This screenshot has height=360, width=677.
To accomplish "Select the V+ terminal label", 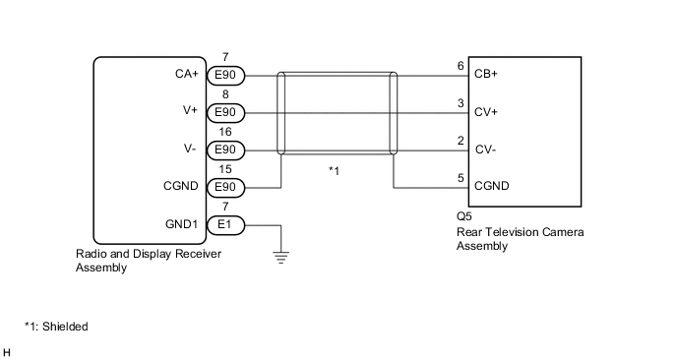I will pos(193,111).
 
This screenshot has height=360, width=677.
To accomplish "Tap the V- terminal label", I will pos(193,150).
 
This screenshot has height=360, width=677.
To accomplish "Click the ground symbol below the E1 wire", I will pos(282,258).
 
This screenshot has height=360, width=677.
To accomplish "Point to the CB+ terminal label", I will pos(486,74).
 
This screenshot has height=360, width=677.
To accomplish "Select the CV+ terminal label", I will pos(486,111).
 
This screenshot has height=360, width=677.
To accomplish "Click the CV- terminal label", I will pos(485,150).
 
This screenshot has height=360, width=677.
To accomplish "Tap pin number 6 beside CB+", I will pos(461,66).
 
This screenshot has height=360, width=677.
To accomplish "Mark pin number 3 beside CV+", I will pos(461,103).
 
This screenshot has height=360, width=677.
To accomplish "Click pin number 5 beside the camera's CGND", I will pos(461,178).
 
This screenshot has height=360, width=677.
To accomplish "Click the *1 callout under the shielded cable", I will pos(334,171).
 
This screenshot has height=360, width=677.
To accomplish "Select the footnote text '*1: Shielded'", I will pos(57,326).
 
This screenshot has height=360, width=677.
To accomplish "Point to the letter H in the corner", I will pos(8,351).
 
